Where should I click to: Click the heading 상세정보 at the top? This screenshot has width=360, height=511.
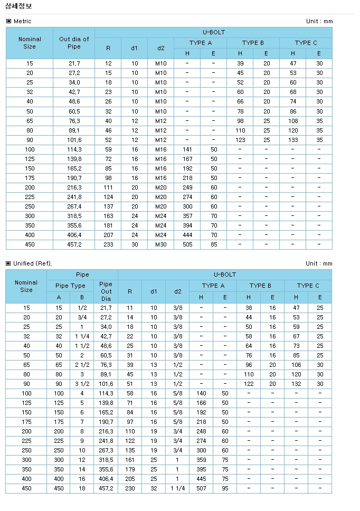coord(18,6)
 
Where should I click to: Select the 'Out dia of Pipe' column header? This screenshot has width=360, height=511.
coord(74,43)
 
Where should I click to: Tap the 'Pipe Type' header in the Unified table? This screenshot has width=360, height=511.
coord(70,286)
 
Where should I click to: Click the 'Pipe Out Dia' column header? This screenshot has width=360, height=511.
coord(106,291)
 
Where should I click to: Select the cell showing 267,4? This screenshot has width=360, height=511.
coord(74,206)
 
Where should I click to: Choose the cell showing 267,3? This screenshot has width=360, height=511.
coord(106,450)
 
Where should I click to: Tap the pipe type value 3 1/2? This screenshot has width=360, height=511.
coord(82,384)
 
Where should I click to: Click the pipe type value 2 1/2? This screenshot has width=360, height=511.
coord(82,365)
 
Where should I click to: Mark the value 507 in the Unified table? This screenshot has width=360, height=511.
coord(201,488)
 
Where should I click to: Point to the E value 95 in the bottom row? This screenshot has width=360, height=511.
coord(225,488)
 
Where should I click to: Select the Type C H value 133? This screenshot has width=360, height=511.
coord(293,140)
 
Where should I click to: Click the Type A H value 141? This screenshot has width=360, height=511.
coord(187,149)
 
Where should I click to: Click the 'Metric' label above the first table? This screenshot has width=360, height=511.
coord(22,21)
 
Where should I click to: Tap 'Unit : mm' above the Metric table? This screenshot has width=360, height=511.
coord(319,21)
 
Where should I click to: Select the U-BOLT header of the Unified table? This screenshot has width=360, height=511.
coord(224,275)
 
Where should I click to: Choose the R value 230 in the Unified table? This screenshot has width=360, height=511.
coord(130,488)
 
